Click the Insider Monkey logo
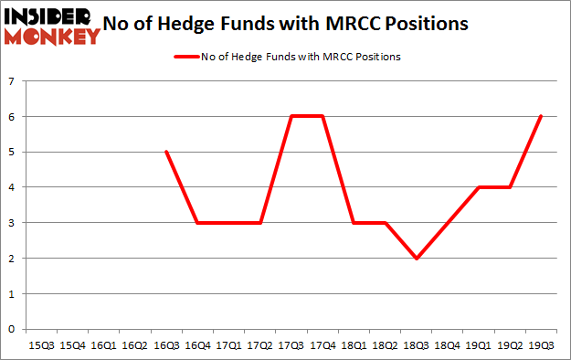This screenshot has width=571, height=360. [52, 26]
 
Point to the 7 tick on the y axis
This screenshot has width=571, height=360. [11, 81]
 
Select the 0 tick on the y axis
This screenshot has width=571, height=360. [11, 329]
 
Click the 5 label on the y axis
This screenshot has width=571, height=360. [11, 152]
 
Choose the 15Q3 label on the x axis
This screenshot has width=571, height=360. [42, 346]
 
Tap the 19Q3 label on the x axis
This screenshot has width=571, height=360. [542, 346]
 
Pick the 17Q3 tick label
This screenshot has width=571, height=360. [291, 346]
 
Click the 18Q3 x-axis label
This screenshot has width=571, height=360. [417, 346]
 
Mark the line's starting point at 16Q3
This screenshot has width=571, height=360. [166, 152]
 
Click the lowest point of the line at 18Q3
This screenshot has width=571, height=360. [417, 259]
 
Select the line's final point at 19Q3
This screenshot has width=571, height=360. [542, 116]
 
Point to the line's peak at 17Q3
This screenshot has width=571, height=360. [291, 116]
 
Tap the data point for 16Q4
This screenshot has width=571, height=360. [197, 223]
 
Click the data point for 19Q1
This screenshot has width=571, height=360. [479, 187]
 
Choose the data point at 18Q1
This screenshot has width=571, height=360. [354, 223]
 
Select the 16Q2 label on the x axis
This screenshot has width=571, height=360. [135, 346]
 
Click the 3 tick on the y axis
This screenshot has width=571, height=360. [11, 223]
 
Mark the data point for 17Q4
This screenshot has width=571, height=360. [323, 116]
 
